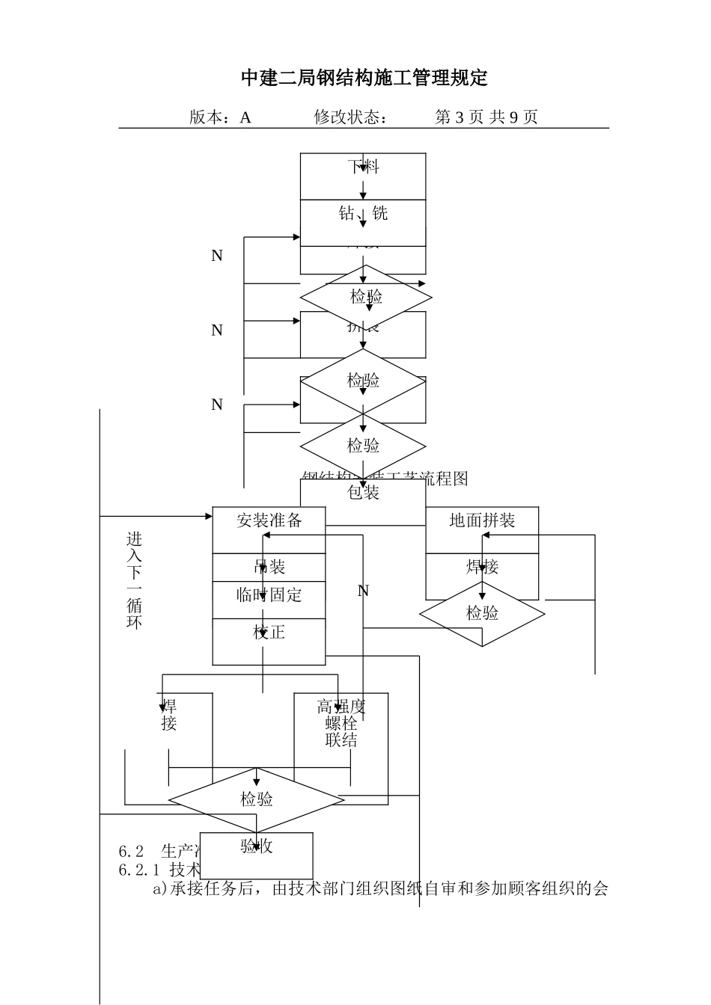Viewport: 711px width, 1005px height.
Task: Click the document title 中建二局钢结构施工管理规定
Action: [364, 78]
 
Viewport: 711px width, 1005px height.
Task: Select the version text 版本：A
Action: [220, 117]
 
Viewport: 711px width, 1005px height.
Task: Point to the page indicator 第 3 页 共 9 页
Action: [486, 117]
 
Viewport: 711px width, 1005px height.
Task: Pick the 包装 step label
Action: [364, 492]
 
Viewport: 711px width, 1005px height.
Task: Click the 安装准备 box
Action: [269, 521]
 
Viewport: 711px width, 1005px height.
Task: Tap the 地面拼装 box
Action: [482, 521]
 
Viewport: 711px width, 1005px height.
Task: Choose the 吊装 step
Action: [269, 567]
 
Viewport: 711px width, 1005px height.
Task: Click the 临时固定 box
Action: [269, 596]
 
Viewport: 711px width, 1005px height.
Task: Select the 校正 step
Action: [269, 633]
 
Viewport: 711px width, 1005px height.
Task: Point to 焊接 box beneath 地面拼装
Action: [482, 568]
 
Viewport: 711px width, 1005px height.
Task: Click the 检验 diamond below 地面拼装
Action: [482, 614]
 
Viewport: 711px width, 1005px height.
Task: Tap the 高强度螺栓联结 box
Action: [341, 724]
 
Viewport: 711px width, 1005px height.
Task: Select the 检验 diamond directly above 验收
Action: [257, 799]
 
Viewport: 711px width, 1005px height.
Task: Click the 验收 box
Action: [257, 846]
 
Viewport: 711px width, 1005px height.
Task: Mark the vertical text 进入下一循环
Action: [134, 580]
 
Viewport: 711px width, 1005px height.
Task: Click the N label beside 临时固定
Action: [363, 591]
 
